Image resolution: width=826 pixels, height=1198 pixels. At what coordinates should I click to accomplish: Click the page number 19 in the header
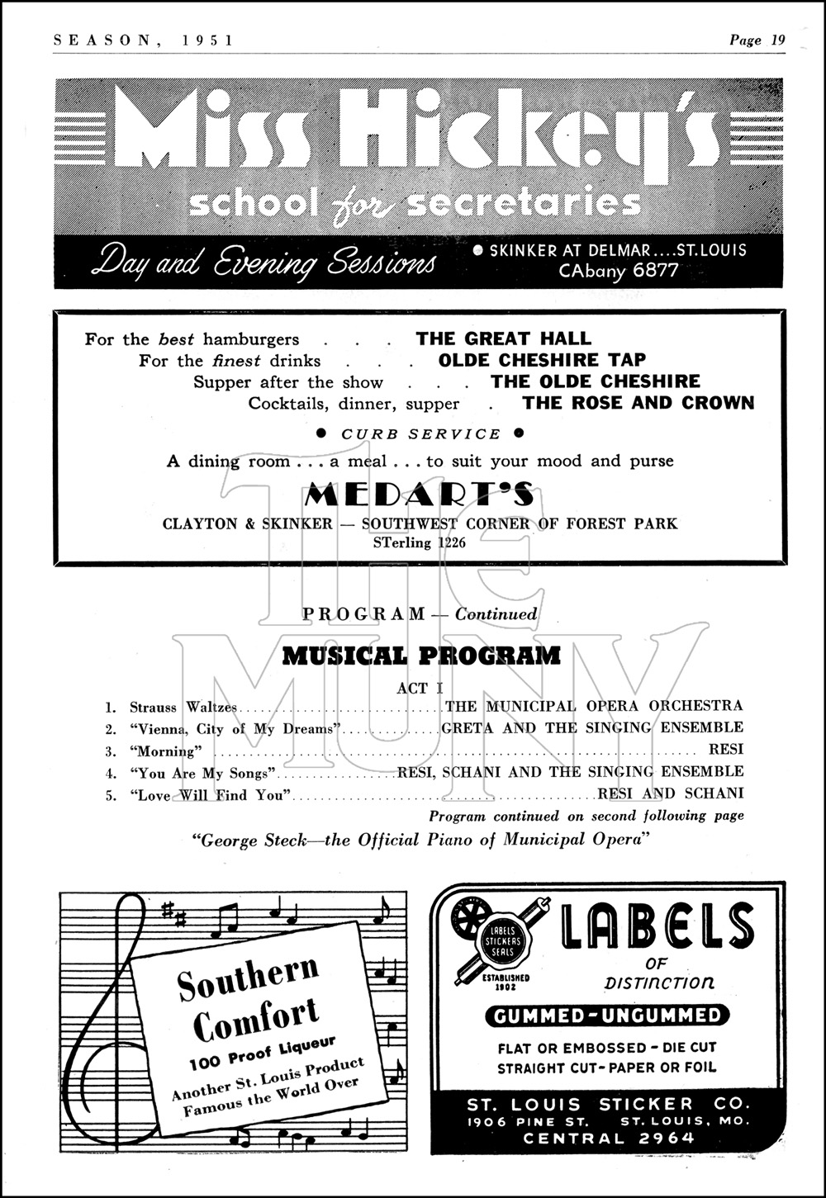click(776, 40)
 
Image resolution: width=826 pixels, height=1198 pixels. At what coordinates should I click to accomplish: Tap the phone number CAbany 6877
click(619, 271)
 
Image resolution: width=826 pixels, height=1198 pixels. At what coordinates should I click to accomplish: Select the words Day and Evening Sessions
click(263, 263)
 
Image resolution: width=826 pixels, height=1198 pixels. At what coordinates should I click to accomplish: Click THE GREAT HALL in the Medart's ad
click(504, 339)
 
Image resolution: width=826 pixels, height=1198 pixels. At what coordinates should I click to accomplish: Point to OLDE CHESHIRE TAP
click(542, 360)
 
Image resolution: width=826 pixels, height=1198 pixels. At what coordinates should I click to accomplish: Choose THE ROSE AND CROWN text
click(638, 403)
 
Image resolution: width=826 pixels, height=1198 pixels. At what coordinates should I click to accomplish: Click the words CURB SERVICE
click(421, 434)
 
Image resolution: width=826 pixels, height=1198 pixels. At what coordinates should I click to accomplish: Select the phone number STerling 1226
click(420, 542)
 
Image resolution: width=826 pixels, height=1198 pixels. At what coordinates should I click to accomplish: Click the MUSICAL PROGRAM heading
click(421, 656)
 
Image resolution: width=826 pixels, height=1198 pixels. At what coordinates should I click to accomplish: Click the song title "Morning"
click(165, 751)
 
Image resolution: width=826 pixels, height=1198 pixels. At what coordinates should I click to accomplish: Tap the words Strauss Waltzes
click(183, 708)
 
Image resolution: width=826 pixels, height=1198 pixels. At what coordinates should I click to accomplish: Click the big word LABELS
click(657, 926)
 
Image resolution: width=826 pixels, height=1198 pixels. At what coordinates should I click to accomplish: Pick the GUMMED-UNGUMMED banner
click(607, 1016)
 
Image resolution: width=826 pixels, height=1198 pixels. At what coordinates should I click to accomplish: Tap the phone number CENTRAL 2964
click(609, 1139)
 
